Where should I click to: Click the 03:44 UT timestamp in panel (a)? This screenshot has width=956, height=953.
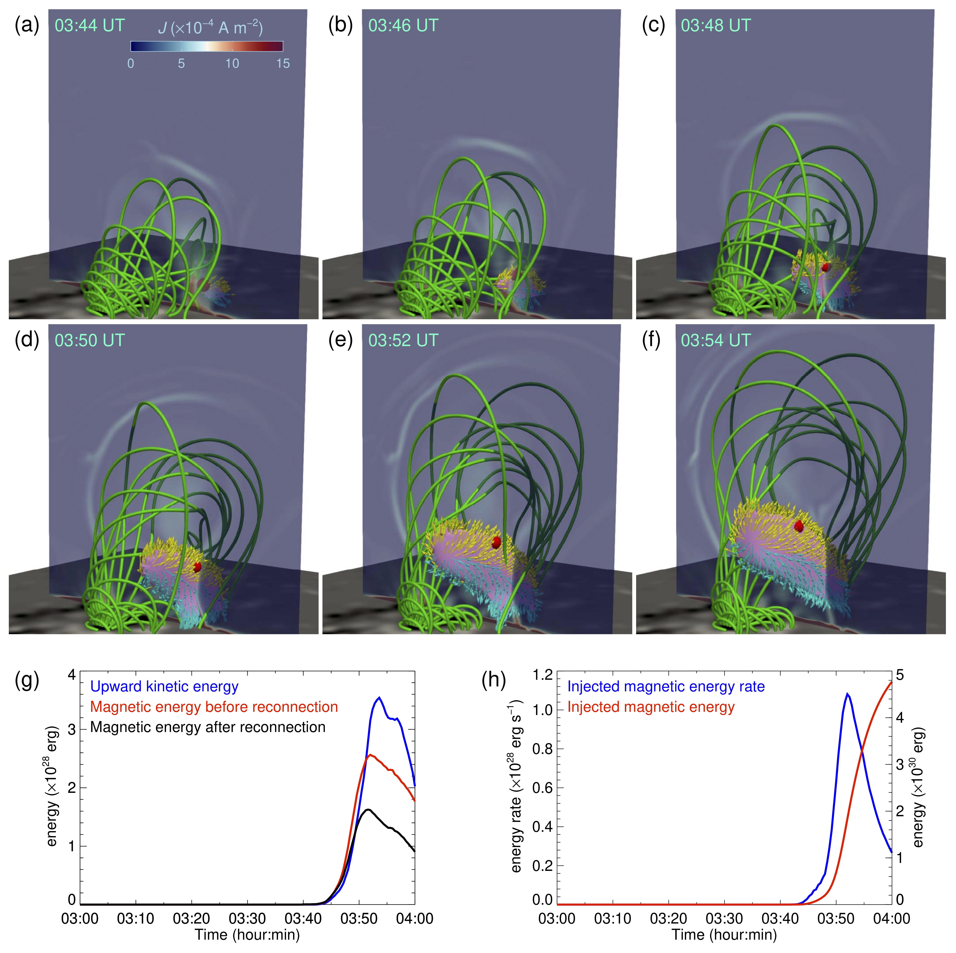(90, 25)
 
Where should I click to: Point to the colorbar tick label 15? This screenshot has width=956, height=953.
(283, 63)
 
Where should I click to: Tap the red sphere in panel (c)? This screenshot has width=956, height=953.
(824, 267)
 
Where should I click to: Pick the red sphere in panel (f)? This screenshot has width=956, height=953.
(799, 526)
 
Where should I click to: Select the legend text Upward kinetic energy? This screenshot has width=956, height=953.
(164, 687)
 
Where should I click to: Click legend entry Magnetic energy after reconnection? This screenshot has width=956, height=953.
(208, 727)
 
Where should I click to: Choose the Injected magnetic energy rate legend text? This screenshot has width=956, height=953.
(666, 687)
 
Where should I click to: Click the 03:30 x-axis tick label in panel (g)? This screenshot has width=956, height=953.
(247, 919)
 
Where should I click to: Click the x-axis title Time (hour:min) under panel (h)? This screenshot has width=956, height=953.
(724, 935)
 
